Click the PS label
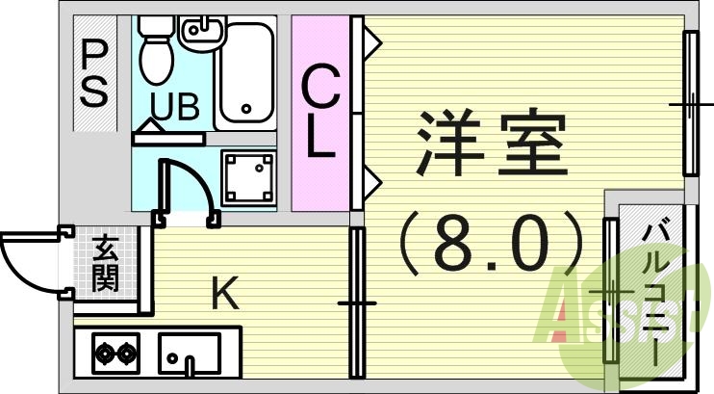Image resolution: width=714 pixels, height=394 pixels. click(x=93, y=72)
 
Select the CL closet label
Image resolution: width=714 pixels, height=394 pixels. click(x=320, y=114)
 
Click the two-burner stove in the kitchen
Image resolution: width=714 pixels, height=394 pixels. click(x=115, y=355)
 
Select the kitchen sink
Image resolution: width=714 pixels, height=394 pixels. click(x=190, y=354)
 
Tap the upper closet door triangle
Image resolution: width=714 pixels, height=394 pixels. click(x=371, y=42)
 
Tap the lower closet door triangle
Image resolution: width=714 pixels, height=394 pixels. click(x=371, y=178)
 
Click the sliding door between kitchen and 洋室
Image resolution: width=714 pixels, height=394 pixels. click(x=356, y=302)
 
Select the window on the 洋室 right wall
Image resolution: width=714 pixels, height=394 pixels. click(x=691, y=103)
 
